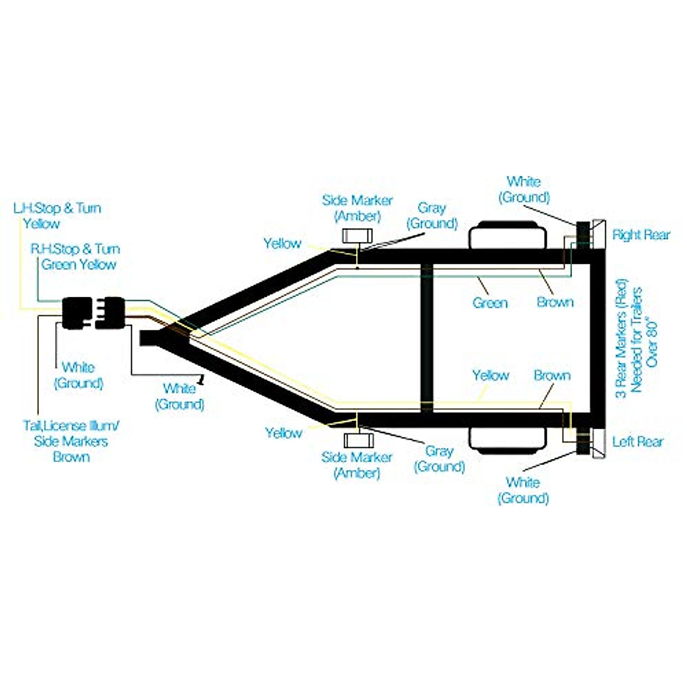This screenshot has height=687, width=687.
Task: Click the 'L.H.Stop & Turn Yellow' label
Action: (57, 215)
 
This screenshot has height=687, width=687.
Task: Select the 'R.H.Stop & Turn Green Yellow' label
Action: (76, 256)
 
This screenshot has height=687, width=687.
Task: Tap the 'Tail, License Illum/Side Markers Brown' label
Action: (72, 441)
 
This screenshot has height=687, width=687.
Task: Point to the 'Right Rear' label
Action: (641, 235)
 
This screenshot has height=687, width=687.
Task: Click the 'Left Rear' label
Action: (638, 441)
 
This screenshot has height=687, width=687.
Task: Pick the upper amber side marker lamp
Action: (357, 236)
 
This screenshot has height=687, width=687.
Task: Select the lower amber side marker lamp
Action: (358, 440)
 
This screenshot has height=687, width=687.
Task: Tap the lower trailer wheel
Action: (507, 439)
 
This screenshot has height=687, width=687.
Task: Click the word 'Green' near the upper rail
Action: (490, 302)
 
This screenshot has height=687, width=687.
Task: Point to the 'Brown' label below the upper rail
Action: (555, 302)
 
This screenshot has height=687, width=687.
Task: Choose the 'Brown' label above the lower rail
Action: (552, 376)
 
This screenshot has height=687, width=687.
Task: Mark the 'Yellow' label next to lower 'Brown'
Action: (491, 376)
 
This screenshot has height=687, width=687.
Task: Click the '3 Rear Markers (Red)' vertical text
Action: (622, 338)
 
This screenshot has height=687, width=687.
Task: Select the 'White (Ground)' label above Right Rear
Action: (524, 189)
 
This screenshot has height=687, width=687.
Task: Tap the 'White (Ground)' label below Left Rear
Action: (523, 490)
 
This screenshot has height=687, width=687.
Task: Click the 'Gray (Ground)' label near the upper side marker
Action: (432, 215)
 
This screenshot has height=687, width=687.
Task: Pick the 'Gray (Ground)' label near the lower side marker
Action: (439, 459)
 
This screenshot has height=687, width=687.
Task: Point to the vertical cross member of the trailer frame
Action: (426, 338)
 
